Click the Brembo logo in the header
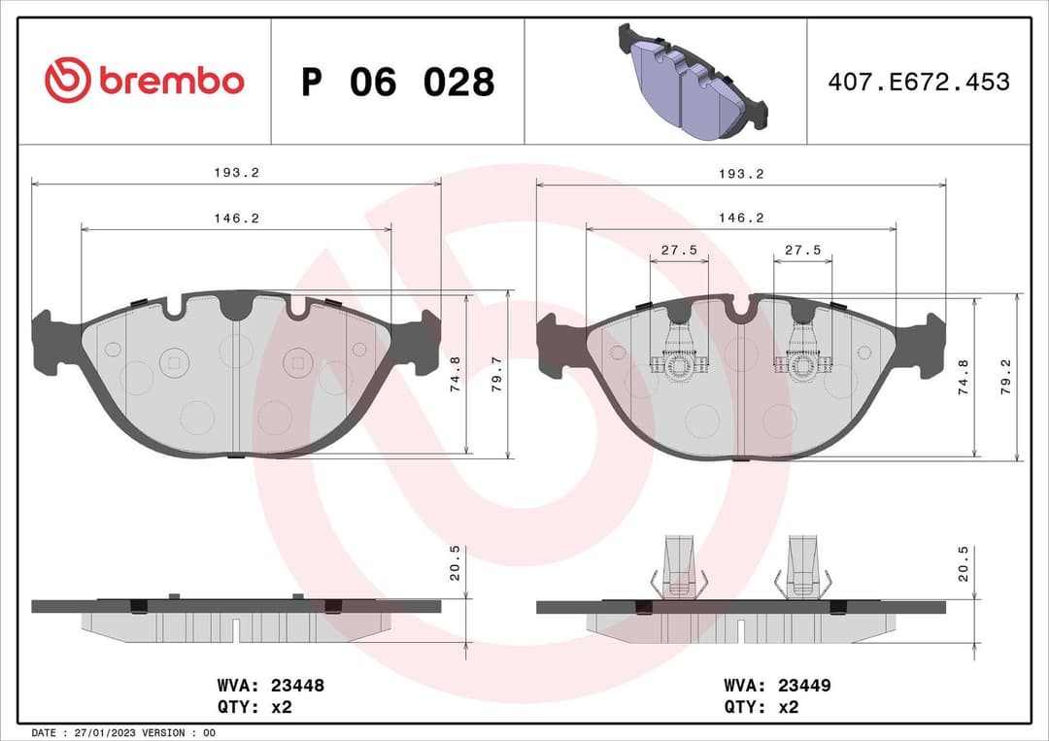[x=144, y=81]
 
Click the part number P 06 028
[x=397, y=83]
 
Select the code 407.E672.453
[x=918, y=82]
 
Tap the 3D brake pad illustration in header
[x=691, y=81]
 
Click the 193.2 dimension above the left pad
[x=236, y=173]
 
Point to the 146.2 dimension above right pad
[x=740, y=219]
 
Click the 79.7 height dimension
[x=496, y=374]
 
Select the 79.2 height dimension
[x=1005, y=374]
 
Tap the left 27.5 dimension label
[x=679, y=251]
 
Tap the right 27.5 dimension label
[x=802, y=251]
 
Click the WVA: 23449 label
[x=777, y=686]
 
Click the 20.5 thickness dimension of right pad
[x=963, y=563]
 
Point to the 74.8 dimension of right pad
[x=963, y=374]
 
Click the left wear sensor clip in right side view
[x=679, y=567]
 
